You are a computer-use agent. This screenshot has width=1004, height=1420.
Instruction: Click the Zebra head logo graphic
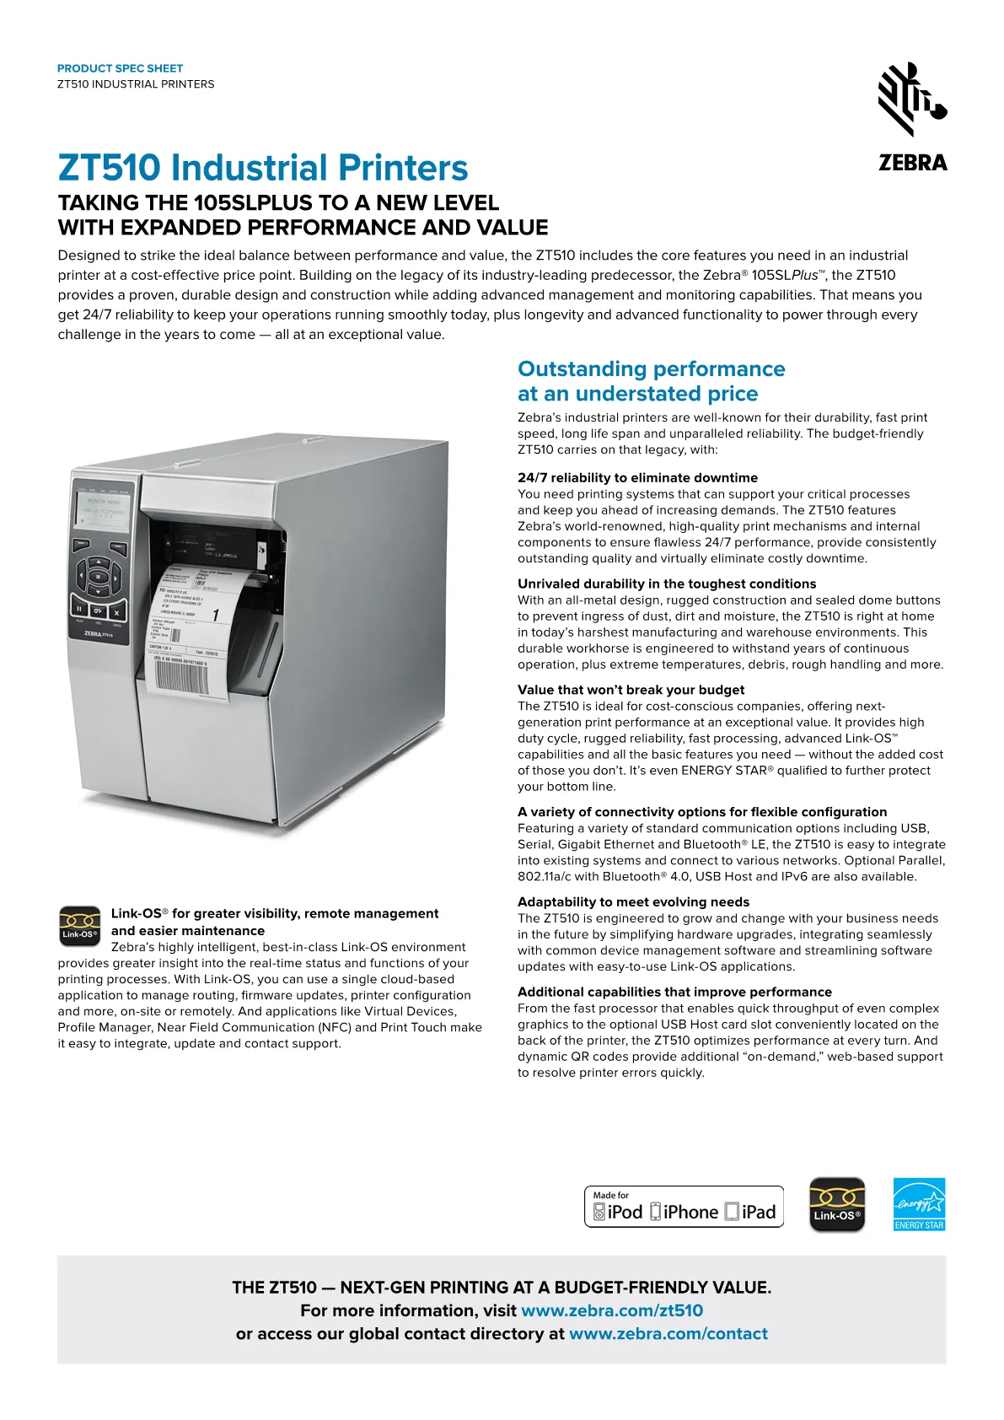click(912, 100)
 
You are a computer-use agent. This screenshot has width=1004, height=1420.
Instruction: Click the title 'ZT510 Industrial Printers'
click(262, 168)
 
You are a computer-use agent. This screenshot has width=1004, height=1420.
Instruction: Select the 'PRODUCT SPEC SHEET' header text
click(120, 68)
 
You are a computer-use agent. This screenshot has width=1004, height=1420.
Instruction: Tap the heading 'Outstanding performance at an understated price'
click(651, 381)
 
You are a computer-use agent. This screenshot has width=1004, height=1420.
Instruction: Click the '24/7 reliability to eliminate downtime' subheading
click(637, 477)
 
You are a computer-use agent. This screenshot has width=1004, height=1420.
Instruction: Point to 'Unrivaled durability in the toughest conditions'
click(667, 584)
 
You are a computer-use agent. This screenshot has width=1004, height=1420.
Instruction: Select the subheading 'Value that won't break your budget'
click(631, 690)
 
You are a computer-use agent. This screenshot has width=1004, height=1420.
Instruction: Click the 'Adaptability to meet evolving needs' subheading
click(633, 901)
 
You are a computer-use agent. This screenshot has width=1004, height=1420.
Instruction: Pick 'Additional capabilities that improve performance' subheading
click(674, 992)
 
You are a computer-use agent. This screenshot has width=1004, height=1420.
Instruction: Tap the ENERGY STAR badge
click(919, 1204)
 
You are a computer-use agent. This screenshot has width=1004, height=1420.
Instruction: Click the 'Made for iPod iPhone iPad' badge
click(684, 1207)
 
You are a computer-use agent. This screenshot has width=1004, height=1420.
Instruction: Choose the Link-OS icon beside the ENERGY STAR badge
click(837, 1205)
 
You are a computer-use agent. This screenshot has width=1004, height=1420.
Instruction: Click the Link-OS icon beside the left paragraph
click(80, 926)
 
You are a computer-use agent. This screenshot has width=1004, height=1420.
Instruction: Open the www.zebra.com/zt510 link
click(612, 1310)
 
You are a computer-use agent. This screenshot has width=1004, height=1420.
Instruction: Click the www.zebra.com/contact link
click(668, 1334)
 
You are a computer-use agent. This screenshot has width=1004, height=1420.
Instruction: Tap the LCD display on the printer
click(103, 509)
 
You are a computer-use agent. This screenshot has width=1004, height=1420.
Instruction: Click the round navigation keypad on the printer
click(99, 577)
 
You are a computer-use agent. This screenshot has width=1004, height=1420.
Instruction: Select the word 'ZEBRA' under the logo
click(913, 163)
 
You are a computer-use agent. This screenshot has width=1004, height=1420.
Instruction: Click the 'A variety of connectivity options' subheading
click(702, 812)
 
